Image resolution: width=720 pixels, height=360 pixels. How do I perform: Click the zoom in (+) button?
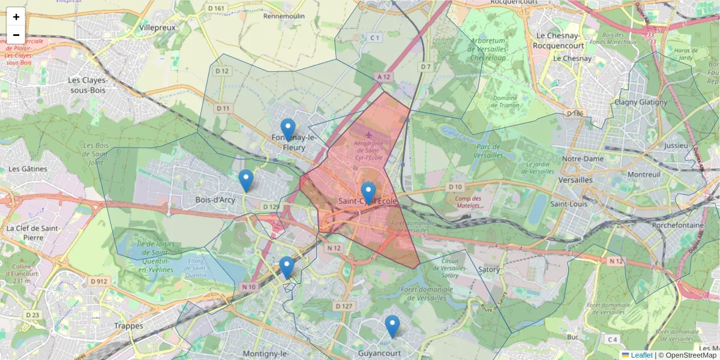click(x=16, y=17)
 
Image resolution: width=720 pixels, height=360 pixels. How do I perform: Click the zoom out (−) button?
click(x=16, y=35)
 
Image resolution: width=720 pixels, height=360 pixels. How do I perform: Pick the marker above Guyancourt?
click(x=392, y=326)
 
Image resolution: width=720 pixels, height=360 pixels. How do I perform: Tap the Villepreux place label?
click(x=157, y=28)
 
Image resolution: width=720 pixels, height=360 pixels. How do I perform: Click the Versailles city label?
click(x=575, y=179)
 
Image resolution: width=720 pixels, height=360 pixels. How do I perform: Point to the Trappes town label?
click(x=128, y=326)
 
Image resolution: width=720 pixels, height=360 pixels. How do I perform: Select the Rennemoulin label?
click(x=284, y=16)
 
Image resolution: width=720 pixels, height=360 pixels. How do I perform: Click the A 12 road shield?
click(x=384, y=77)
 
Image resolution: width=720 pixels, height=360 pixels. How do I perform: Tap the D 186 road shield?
click(x=575, y=113)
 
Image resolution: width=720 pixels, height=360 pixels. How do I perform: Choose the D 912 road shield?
click(x=99, y=281)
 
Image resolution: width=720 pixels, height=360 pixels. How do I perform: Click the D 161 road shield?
click(x=216, y=8)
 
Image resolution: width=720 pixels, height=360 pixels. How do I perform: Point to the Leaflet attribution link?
click(x=641, y=355)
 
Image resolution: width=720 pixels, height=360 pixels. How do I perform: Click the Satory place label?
click(x=490, y=269)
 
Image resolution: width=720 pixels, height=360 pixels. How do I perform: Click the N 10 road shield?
click(x=249, y=287)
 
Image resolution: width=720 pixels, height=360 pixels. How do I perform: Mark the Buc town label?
click(x=573, y=337)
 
